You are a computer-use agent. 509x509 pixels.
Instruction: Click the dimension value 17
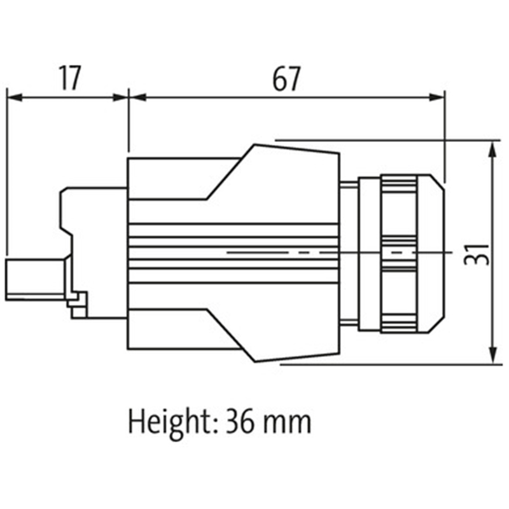tap(70, 78)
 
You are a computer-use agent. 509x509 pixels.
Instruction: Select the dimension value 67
tap(286, 78)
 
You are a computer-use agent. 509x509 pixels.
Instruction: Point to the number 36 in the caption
tap(240, 421)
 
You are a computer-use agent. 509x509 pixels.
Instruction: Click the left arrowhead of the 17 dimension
tap(14, 97)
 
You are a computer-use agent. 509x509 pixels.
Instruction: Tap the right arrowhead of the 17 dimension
tap(120, 97)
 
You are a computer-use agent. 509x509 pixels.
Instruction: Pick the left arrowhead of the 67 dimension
tap(137, 97)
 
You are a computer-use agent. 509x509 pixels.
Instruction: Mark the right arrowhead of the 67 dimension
tap(436, 97)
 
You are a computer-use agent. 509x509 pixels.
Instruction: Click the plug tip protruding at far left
tap(35, 279)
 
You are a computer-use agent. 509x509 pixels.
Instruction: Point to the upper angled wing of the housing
tap(273, 172)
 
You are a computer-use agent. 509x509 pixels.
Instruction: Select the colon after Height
tap(214, 426)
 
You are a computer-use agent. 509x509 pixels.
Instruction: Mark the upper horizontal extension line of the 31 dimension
tap(388, 140)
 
